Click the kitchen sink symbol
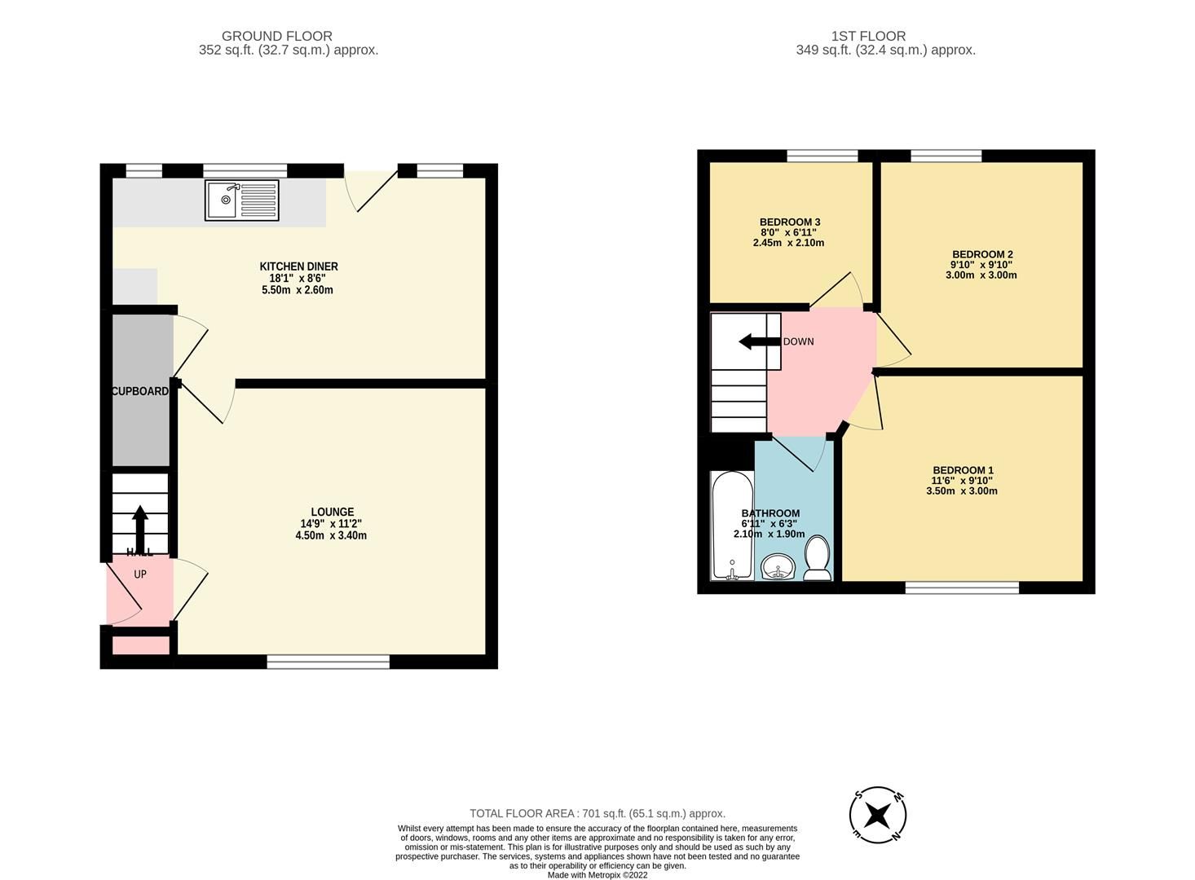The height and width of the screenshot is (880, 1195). (x=241, y=200)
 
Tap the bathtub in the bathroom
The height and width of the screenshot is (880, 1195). (x=731, y=526)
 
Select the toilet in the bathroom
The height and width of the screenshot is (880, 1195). (x=817, y=561)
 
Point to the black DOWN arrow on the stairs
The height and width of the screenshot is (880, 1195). (x=759, y=341)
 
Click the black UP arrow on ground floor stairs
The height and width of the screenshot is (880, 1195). (x=140, y=528)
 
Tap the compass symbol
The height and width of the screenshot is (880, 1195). (x=878, y=814)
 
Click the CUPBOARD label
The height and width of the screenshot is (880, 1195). (x=140, y=391)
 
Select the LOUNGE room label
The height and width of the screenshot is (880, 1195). (x=332, y=512)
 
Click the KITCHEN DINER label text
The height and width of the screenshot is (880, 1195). (x=298, y=266)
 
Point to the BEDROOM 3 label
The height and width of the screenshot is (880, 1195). (x=789, y=222)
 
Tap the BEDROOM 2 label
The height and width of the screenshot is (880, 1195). (x=982, y=254)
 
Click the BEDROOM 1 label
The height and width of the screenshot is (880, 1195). (x=963, y=470)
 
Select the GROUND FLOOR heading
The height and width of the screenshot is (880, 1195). (x=276, y=36)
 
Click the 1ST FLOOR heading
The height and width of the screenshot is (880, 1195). (x=868, y=36)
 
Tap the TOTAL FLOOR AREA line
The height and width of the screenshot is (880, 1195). (x=597, y=813)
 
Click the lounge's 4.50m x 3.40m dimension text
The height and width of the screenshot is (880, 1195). (x=331, y=535)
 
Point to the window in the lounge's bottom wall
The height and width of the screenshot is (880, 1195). (x=328, y=662)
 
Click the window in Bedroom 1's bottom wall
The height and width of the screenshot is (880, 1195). (x=962, y=587)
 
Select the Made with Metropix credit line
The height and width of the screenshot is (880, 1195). (x=597, y=875)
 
